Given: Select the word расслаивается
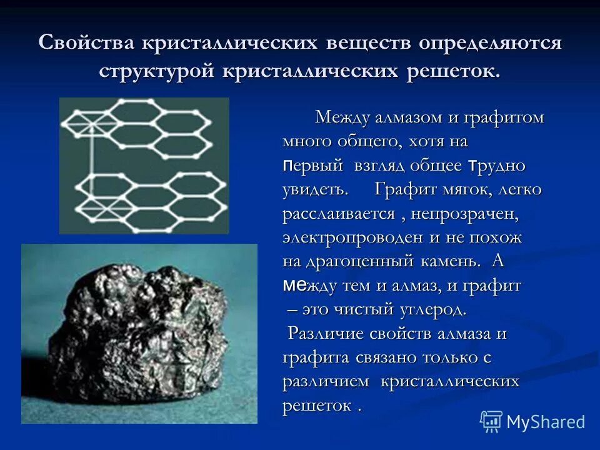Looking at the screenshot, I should [x=338, y=214].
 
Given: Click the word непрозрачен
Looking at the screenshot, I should [x=464, y=214].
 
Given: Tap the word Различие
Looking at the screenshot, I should [x=324, y=334].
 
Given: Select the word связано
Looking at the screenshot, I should [x=406, y=358].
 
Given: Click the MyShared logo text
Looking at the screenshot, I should [x=546, y=422].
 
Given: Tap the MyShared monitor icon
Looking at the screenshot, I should [x=491, y=421].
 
